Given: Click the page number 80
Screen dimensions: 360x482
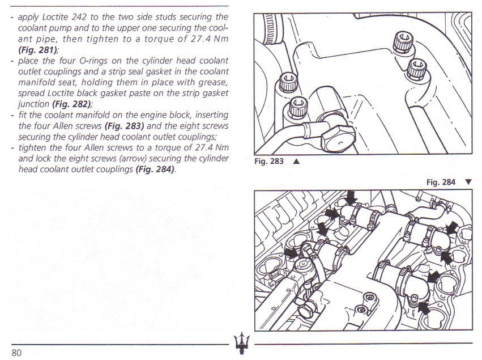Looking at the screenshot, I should [x=16, y=352].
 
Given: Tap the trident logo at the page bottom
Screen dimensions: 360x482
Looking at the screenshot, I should [x=240, y=343].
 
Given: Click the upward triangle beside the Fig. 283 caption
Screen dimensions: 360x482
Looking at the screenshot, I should [x=296, y=161].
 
